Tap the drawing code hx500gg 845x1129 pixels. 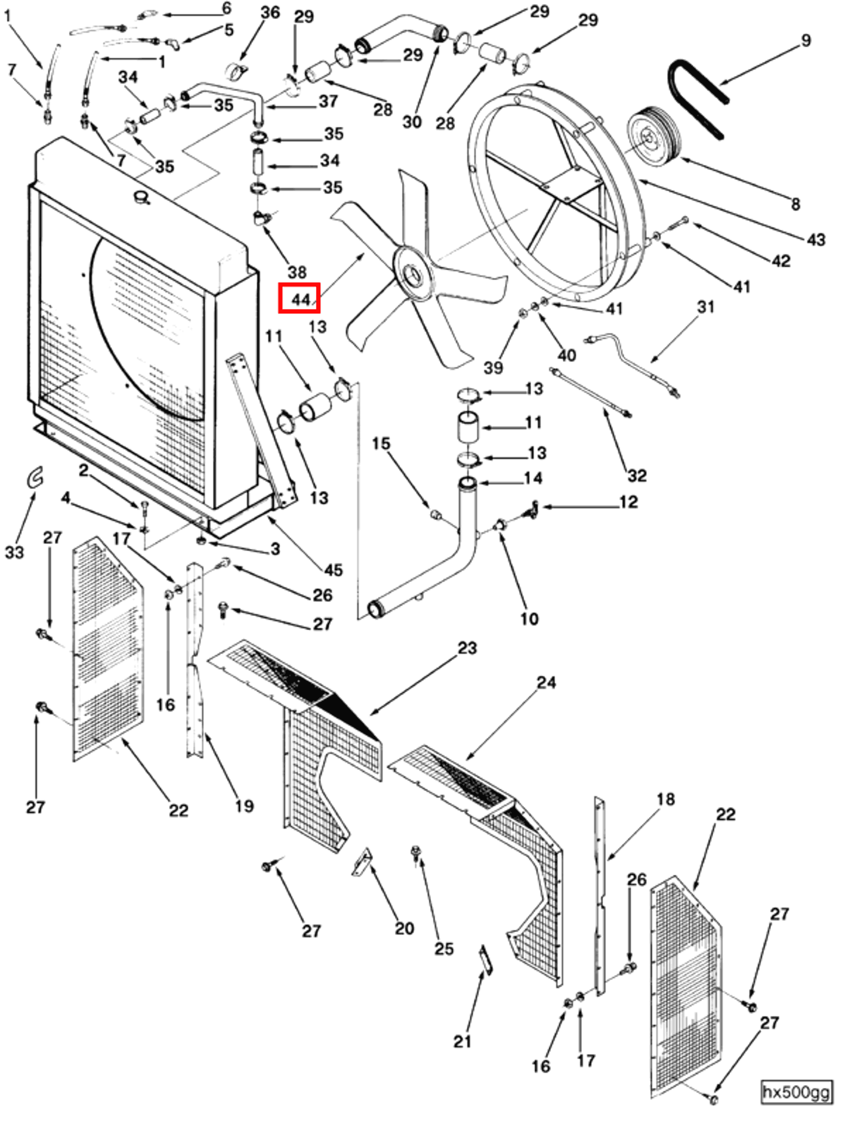(x=796, y=1092)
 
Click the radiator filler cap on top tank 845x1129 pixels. (x=141, y=197)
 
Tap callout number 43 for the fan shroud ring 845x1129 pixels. (x=816, y=239)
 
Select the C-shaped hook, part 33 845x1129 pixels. (x=35, y=478)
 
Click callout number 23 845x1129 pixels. (x=467, y=648)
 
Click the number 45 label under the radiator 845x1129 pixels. (x=332, y=570)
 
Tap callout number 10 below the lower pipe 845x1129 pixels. (x=529, y=619)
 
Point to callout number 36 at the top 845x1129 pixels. (x=270, y=12)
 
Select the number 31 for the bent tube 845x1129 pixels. (x=706, y=307)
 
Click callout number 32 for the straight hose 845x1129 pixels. (x=637, y=475)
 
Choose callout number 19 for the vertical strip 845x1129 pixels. (x=244, y=806)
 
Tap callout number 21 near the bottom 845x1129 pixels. (x=462, y=1041)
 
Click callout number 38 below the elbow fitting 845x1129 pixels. (x=297, y=272)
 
